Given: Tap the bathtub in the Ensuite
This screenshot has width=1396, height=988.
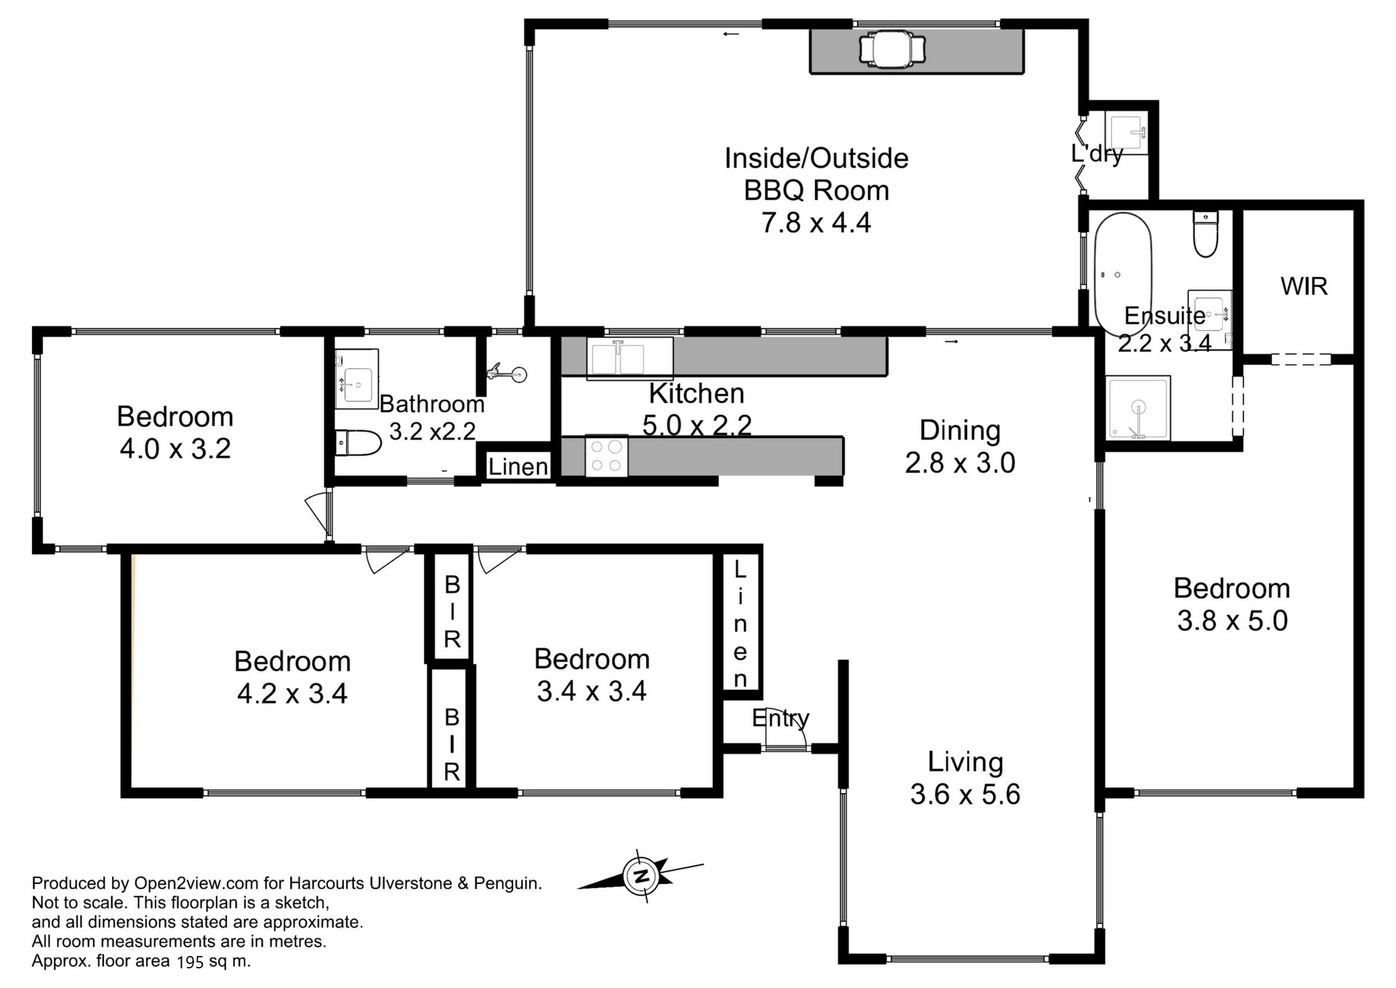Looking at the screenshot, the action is pyautogui.click(x=1123, y=274).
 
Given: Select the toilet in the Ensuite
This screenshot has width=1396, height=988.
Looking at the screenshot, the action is pyautogui.click(x=1206, y=234).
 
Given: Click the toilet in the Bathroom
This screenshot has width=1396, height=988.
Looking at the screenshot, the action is pyautogui.click(x=358, y=442).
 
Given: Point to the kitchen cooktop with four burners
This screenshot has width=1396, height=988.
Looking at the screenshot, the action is pyautogui.click(x=606, y=456).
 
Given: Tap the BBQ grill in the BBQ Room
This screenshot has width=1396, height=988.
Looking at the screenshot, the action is pyautogui.click(x=892, y=49).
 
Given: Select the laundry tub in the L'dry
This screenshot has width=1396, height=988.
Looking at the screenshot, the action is pyautogui.click(x=1126, y=132).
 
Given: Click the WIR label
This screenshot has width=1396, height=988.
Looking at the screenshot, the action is pyautogui.click(x=1304, y=286).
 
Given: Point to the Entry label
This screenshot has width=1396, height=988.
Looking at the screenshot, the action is pyautogui.click(x=780, y=718).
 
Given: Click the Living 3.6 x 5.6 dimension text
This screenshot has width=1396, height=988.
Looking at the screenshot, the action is pyautogui.click(x=965, y=794).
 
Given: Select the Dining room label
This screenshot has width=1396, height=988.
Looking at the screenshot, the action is pyautogui.click(x=960, y=430).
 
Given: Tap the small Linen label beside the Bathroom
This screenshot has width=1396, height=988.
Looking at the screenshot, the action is pyautogui.click(x=518, y=466).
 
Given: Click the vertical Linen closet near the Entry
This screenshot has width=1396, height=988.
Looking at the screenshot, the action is pyautogui.click(x=740, y=623).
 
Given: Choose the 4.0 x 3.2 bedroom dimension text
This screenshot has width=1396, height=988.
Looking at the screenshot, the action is pyautogui.click(x=175, y=448).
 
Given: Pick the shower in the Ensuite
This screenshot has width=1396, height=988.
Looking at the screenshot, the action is pyautogui.click(x=1138, y=407).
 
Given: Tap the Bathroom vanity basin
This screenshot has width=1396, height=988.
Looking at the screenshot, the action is pyautogui.click(x=356, y=379).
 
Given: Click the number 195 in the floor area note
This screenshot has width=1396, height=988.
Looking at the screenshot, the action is pyautogui.click(x=190, y=961).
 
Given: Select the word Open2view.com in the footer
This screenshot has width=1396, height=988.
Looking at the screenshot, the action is pyautogui.click(x=196, y=883).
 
